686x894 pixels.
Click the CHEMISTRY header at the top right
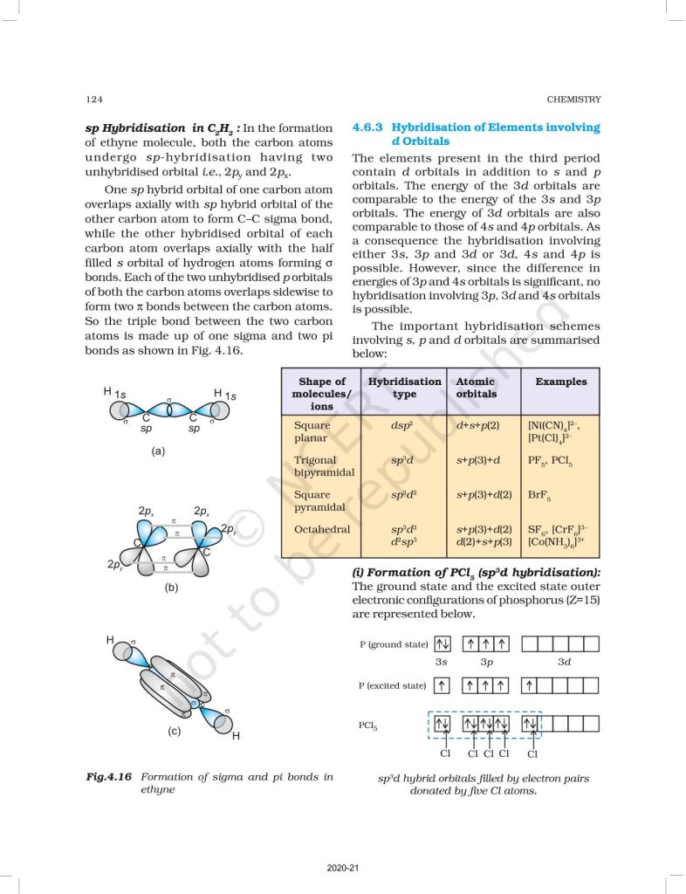573,100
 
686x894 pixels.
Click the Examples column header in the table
561,382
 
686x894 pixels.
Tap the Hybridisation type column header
405,388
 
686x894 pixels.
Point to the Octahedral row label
322,529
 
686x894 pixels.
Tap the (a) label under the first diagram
158,451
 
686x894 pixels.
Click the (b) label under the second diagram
172,588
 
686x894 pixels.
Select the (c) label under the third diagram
173,732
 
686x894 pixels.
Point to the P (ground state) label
393,644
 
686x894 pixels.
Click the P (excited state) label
393,685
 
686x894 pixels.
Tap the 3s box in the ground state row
442,644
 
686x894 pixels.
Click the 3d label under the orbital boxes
564,663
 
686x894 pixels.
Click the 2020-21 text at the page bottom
342,868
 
